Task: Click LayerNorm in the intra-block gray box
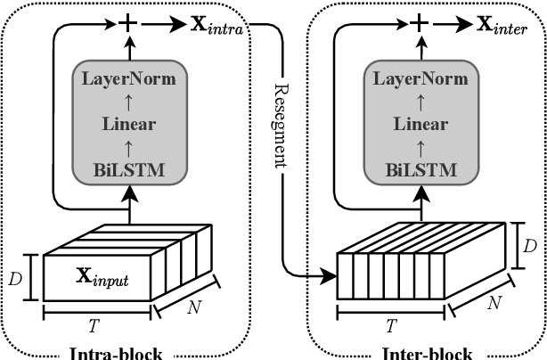(129, 78)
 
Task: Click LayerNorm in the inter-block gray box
(420, 78)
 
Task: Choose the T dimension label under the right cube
(389, 324)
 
